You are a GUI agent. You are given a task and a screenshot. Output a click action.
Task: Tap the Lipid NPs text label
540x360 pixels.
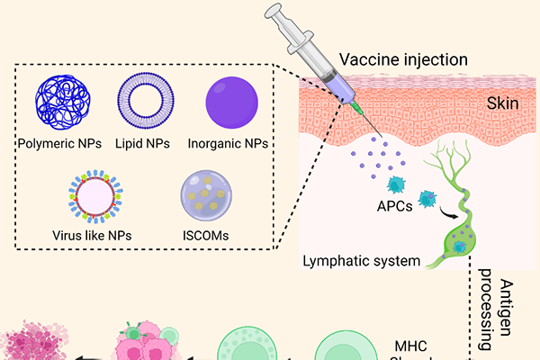pos(144,142)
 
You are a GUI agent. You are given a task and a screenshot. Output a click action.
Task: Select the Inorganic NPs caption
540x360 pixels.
pos(229,142)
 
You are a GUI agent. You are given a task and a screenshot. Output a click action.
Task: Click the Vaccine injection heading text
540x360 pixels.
pos(403,60)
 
